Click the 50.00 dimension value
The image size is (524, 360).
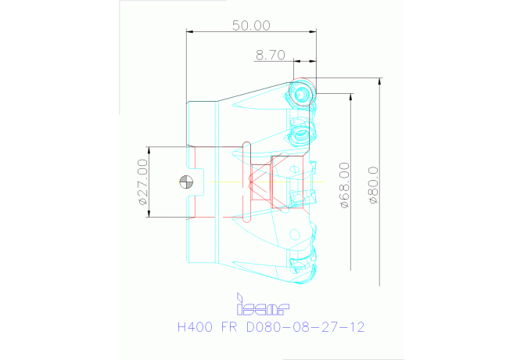(251, 26)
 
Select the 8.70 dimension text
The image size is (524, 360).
(271, 55)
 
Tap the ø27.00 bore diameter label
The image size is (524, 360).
(142, 182)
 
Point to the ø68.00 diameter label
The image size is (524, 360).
(345, 185)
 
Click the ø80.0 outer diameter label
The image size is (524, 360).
(373, 185)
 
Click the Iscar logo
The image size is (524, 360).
(263, 304)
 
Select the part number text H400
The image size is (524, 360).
(195, 327)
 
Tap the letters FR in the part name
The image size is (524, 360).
(229, 327)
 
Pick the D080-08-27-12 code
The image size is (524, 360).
(305, 327)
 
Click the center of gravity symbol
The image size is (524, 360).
(186, 182)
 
